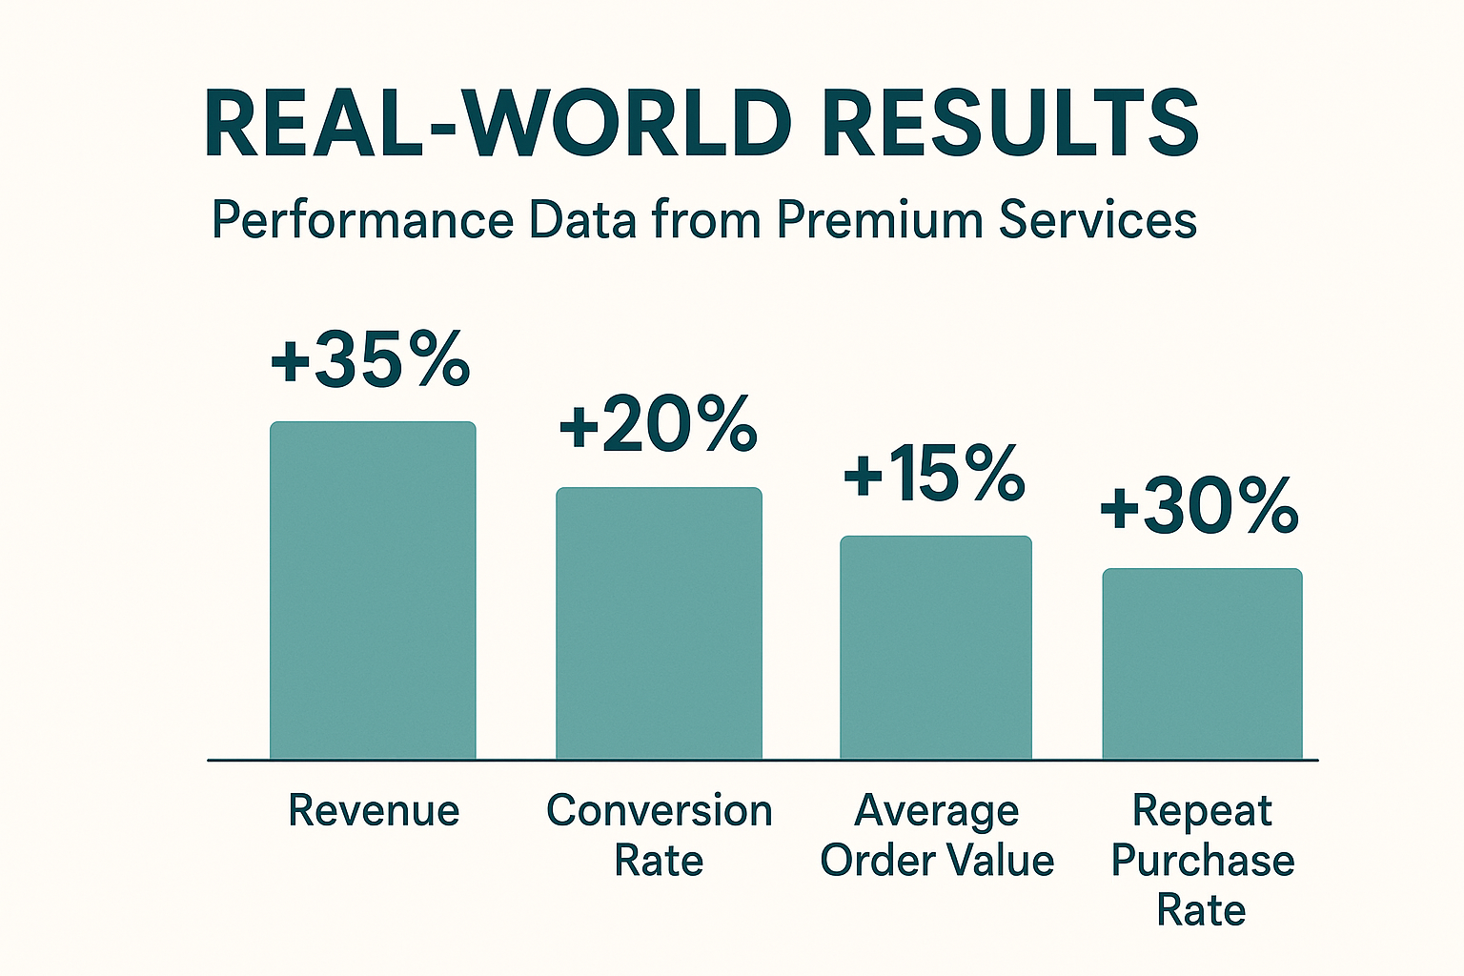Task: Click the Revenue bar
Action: pos(373,590)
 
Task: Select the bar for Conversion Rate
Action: pos(659,623)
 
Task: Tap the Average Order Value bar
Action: pos(936,647)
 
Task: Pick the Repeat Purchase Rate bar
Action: pos(1202,663)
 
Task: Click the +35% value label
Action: pos(371,360)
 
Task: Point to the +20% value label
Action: pos(658,425)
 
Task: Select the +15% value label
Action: pos(935,474)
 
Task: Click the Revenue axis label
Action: pos(374,810)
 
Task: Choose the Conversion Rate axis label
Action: pos(659,835)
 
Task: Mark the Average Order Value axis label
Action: pos(937,835)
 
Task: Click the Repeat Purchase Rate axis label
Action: pos(1202,860)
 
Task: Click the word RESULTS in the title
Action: pos(1010,124)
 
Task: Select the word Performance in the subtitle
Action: pos(362,220)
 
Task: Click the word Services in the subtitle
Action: pos(1098,220)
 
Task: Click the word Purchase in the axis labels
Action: pos(1203,860)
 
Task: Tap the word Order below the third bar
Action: pos(877,860)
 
